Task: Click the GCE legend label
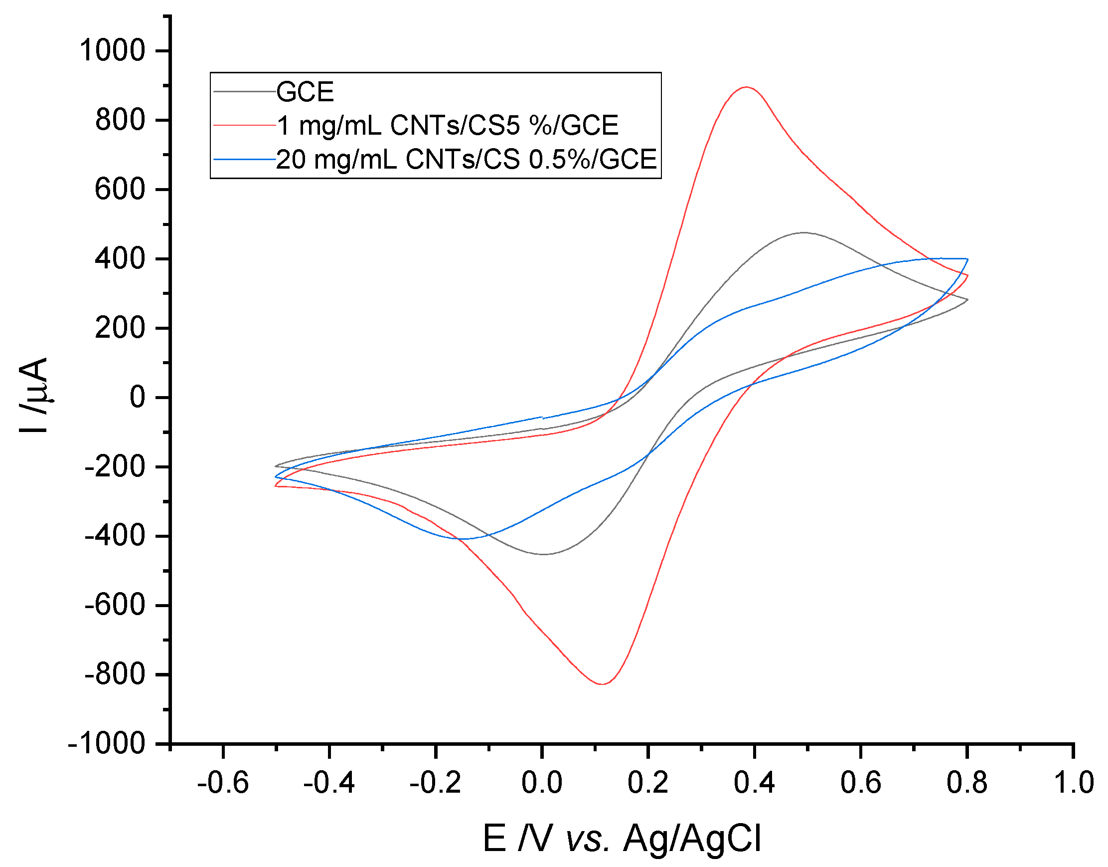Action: (305, 92)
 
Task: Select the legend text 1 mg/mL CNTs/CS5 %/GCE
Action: (448, 125)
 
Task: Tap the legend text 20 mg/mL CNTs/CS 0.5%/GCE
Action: (466, 160)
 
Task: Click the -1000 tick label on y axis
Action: (107, 744)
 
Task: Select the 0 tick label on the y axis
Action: (138, 398)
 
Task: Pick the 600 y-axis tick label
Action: (120, 190)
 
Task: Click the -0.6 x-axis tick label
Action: (223, 782)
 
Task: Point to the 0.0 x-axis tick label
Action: (542, 782)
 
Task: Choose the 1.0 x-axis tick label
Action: (1074, 782)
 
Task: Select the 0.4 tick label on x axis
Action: (755, 782)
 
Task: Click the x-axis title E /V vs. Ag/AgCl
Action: (622, 839)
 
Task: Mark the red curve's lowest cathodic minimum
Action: (602, 684)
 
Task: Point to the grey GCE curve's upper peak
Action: (803, 232)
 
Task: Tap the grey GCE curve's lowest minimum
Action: (543, 554)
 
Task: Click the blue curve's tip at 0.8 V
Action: (967, 259)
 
